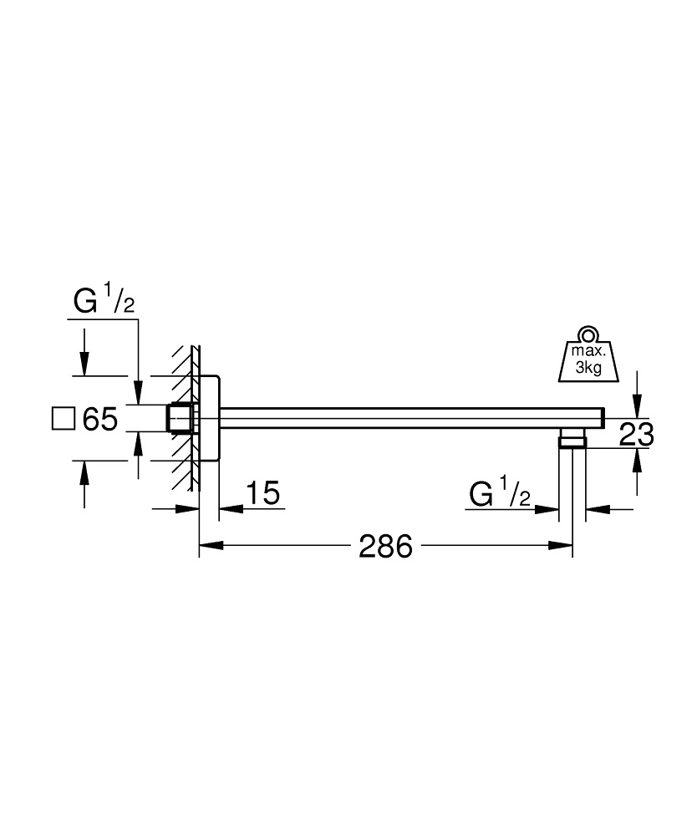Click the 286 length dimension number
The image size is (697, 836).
coord(385,547)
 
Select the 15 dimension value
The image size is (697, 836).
coord(262,494)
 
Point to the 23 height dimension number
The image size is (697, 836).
coord(635,433)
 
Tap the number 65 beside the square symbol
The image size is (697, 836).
coord(99,418)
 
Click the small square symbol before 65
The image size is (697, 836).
coord(64,417)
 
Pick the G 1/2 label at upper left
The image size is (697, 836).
coord(103,302)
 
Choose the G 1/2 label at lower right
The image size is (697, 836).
coord(500,494)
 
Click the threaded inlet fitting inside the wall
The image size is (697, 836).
coord(180,418)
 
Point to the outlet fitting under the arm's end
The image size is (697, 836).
coord(572,439)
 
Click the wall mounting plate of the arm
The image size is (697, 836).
coord(209,418)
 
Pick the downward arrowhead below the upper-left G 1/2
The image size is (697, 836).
coord(84,366)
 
